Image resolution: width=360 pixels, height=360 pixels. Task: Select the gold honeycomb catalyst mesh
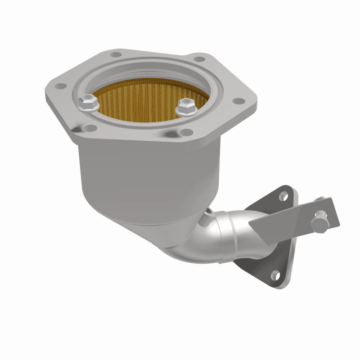tap(144, 97)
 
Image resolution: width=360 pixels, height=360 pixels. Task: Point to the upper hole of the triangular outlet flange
tap(283, 196)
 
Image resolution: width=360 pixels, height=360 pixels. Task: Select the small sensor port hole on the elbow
tap(206, 220)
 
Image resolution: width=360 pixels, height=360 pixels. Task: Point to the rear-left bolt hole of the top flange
tap(116, 54)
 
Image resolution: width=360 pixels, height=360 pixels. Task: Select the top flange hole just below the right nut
tap(184, 132)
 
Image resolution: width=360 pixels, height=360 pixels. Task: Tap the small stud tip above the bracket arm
tap(321, 198)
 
